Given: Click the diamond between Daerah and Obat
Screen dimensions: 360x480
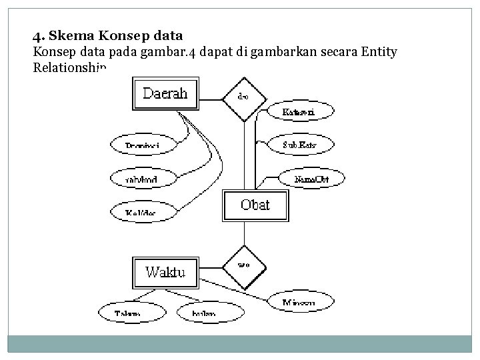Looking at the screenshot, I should (244, 99).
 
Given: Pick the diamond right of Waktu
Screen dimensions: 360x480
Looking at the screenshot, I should (244, 265).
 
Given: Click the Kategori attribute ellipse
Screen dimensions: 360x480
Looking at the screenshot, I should (298, 111).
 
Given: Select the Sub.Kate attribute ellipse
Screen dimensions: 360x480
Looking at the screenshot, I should (298, 144).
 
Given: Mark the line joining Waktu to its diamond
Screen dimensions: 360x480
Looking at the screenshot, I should (213, 267).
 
